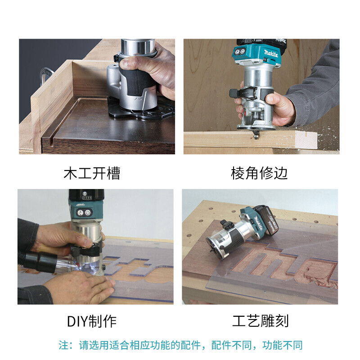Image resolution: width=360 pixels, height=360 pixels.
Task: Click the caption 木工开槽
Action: (x=92, y=173)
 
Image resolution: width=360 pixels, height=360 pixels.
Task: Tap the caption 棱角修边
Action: (x=259, y=173)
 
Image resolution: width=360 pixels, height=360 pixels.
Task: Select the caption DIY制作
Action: (x=92, y=321)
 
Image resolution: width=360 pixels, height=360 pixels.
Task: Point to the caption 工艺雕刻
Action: (x=260, y=321)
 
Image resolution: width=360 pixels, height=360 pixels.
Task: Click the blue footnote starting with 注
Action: (x=180, y=345)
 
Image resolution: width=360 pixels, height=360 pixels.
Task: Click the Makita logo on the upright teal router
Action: (x=271, y=54)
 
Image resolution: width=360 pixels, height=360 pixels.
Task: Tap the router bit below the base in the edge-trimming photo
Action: (x=256, y=134)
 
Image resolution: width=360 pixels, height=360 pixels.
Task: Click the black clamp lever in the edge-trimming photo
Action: (x=243, y=94)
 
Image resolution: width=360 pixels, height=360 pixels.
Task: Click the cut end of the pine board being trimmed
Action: (x=306, y=140)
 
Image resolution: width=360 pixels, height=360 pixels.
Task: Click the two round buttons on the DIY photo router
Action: (x=84, y=212)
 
